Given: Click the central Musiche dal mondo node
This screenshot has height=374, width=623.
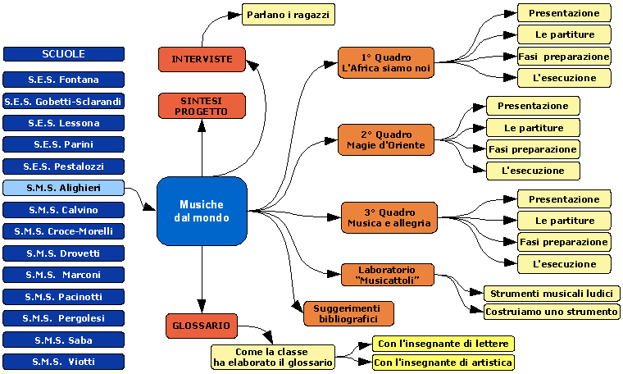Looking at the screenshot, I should pyautogui.click(x=202, y=211).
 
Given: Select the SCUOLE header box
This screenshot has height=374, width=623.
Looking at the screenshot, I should pyautogui.click(x=64, y=54).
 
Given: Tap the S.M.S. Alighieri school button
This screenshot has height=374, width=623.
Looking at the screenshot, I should pyautogui.click(x=64, y=188).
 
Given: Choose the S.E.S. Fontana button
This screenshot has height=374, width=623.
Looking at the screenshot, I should pyautogui.click(x=64, y=80).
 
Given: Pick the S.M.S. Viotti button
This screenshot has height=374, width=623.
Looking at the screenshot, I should pyautogui.click(x=64, y=361).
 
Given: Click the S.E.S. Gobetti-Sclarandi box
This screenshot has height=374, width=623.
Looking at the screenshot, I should pyautogui.click(x=64, y=102).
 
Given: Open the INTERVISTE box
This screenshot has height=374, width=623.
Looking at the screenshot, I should pyautogui.click(x=202, y=59).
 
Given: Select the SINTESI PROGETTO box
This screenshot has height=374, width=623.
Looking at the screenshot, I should pyautogui.click(x=202, y=105).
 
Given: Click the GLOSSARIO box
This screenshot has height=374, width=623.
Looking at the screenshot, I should pyautogui.click(x=202, y=326).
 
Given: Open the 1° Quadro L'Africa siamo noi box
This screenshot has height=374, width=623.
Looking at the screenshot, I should pyautogui.click(x=385, y=62).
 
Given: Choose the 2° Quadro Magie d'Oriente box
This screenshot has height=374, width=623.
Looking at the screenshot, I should pyautogui.click(x=385, y=139).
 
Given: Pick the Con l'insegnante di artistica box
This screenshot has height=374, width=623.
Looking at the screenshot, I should pyautogui.click(x=443, y=362).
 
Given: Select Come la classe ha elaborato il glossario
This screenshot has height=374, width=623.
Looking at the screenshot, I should pyautogui.click(x=272, y=356).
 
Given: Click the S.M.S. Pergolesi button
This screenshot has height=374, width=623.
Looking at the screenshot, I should pyautogui.click(x=64, y=317).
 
